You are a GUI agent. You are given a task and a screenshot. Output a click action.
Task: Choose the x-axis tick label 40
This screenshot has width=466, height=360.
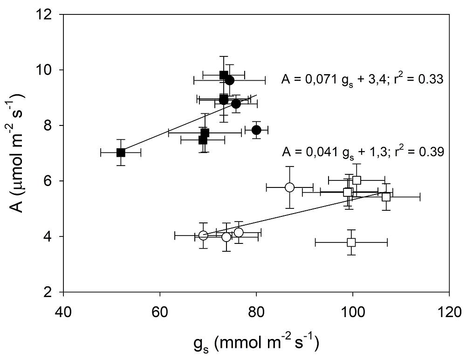tap(63, 311)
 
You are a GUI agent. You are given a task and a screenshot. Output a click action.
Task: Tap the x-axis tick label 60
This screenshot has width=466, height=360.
tap(160, 311)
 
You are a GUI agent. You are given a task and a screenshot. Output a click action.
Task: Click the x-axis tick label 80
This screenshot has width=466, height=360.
tap(256, 311)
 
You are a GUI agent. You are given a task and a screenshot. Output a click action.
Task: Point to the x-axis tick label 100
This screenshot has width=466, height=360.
tap(353, 311)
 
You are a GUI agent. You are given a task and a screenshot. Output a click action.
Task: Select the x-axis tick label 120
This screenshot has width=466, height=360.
tap(449, 311)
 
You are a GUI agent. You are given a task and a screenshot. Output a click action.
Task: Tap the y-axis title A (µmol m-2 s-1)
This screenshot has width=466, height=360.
tap(17, 154)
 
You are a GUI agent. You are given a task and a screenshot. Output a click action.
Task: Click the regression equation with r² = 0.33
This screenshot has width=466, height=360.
tap(362, 80)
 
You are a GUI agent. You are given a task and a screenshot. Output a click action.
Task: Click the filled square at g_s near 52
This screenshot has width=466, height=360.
tap(121, 152)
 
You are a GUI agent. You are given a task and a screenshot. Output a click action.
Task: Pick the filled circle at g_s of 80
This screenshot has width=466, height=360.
tap(256, 130)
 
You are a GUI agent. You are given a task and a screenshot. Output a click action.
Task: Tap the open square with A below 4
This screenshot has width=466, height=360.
tap(351, 242)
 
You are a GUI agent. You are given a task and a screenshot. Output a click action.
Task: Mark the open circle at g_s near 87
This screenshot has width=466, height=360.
tap(289, 187)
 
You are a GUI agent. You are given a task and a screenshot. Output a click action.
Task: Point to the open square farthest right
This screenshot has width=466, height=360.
tap(386, 197)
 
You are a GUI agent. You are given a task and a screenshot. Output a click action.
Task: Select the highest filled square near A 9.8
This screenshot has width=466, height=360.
tap(224, 75)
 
